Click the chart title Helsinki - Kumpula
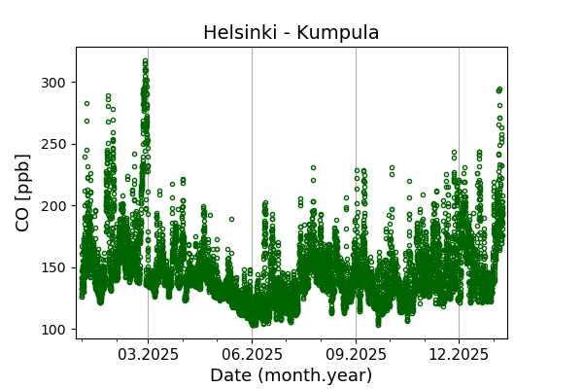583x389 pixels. click(291, 33)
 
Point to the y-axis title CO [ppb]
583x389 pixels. click(23, 193)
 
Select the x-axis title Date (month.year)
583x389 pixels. click(291, 375)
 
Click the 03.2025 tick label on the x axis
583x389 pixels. click(148, 355)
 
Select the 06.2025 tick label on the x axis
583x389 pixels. click(252, 355)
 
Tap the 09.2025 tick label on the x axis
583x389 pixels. click(356, 355)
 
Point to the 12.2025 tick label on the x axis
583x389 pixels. click(459, 355)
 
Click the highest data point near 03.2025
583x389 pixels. click(145, 61)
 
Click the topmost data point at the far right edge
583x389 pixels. click(499, 89)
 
